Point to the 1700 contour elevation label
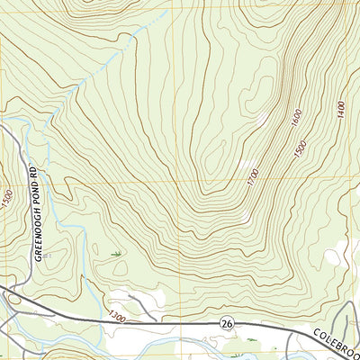253,177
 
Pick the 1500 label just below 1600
300,148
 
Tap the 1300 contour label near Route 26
114,316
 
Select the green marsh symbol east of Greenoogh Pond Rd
117,256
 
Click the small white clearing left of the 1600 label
263,117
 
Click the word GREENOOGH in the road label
38,238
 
